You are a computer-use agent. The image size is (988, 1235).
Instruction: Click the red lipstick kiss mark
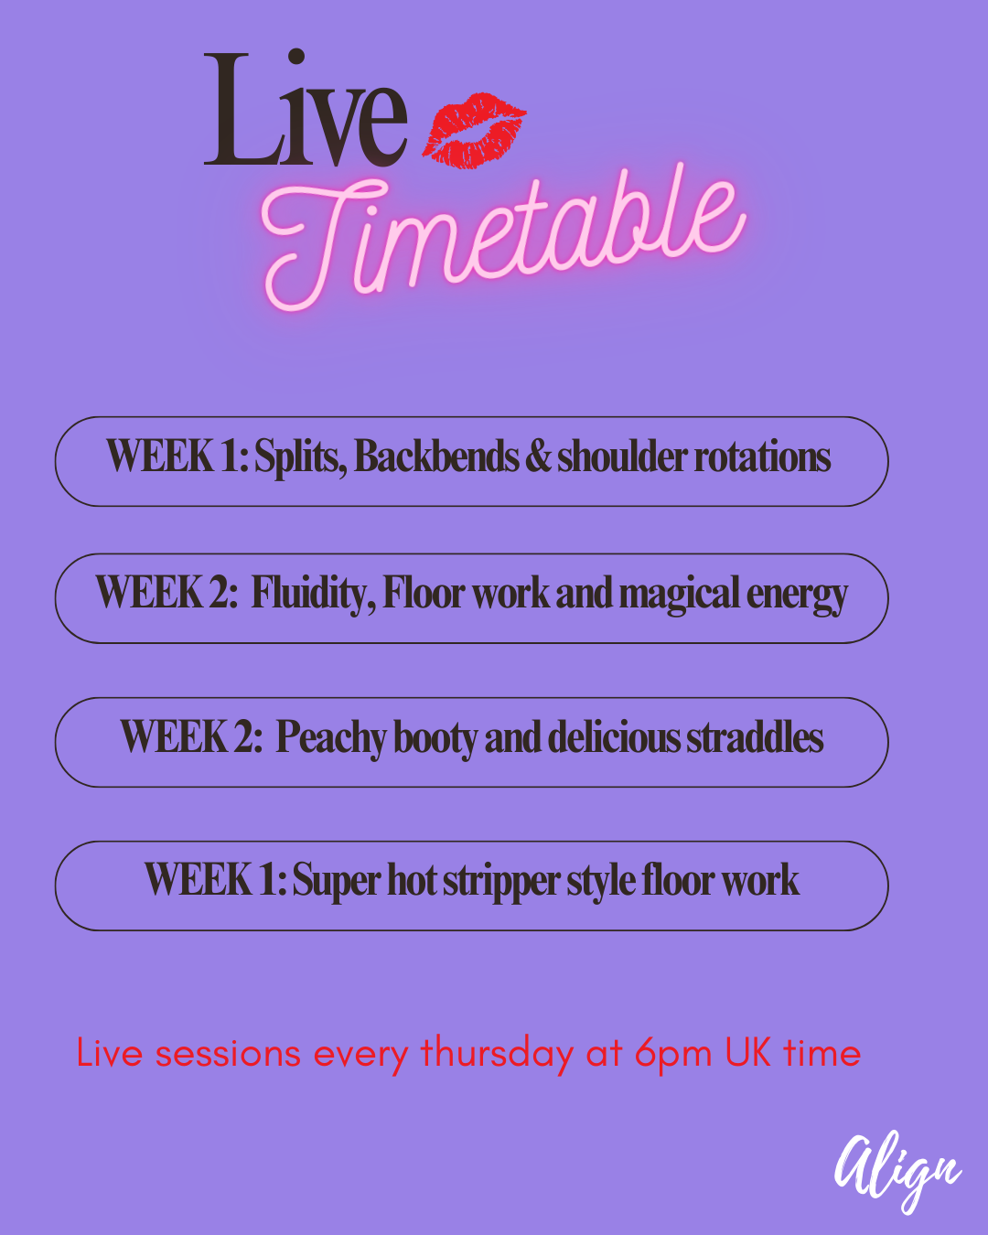coord(474,130)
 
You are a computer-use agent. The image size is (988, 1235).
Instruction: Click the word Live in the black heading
coord(306,109)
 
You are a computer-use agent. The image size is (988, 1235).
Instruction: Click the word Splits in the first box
coord(300,456)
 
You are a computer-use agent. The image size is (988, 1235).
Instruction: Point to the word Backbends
coord(436,456)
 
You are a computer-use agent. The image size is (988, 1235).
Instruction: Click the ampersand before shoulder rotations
coord(538,456)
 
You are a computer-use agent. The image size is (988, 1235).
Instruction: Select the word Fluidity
coord(314,594)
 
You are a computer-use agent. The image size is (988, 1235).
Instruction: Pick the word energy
coord(797,596)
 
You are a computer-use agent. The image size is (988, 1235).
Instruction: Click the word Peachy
coord(331,738)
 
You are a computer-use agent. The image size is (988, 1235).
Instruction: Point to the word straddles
coord(756,737)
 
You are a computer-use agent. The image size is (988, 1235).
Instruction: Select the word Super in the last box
coord(337,882)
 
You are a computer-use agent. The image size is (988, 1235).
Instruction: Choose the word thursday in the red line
coord(497,1055)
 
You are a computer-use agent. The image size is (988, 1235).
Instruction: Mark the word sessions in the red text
coord(228,1055)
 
